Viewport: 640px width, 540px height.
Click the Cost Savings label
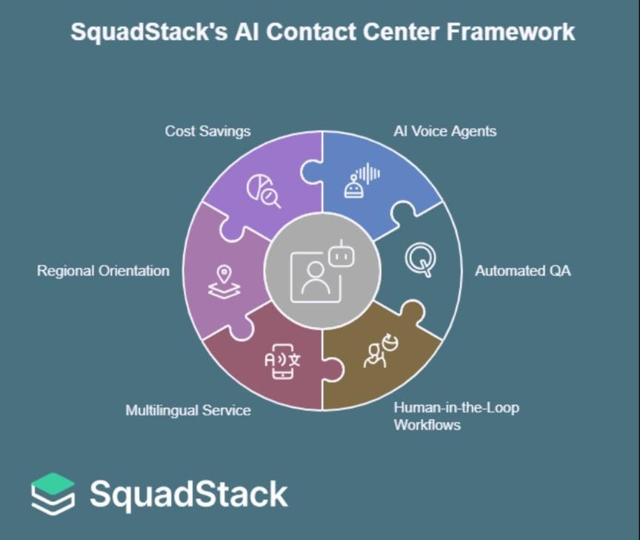[207, 131]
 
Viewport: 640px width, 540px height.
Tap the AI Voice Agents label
[444, 131]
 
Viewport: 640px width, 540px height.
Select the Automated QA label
[523, 271]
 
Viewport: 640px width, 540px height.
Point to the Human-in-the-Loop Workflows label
[456, 416]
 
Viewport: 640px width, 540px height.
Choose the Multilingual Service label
[188, 410]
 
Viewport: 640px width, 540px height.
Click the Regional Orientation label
[103, 271]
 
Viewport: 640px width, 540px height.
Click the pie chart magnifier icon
[263, 190]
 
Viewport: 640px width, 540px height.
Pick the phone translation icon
[282, 361]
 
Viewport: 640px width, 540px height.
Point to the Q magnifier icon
[420, 260]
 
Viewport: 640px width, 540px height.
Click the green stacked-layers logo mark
[53, 493]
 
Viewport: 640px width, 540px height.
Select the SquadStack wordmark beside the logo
[188, 494]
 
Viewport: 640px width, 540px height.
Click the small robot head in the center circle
[339, 254]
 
